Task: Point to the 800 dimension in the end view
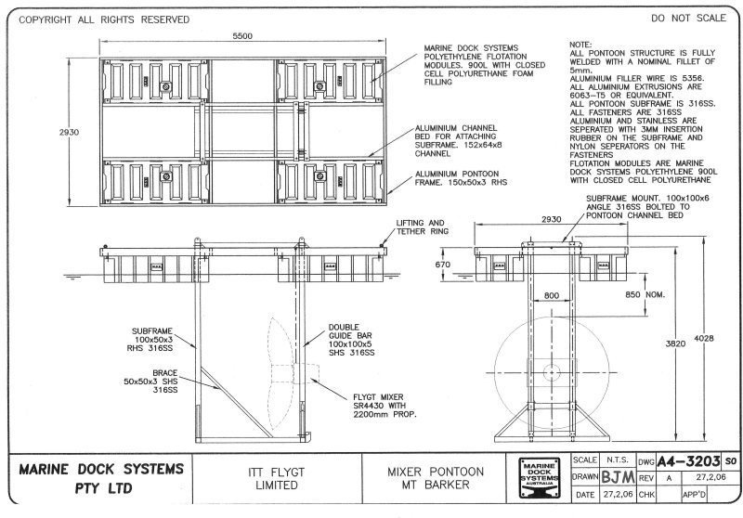coord(553,294)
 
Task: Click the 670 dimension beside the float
coord(442,265)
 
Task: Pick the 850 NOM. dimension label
coord(644,293)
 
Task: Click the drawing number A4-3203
coord(689,460)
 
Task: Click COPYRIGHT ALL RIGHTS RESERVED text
coord(104,19)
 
